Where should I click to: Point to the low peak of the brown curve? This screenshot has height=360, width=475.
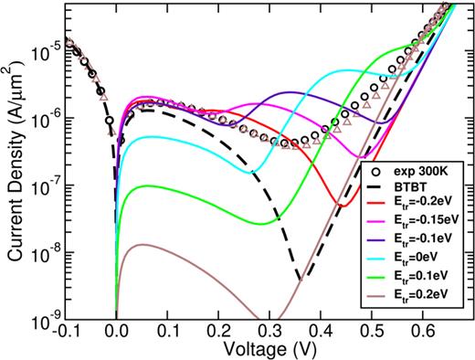[142, 244]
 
